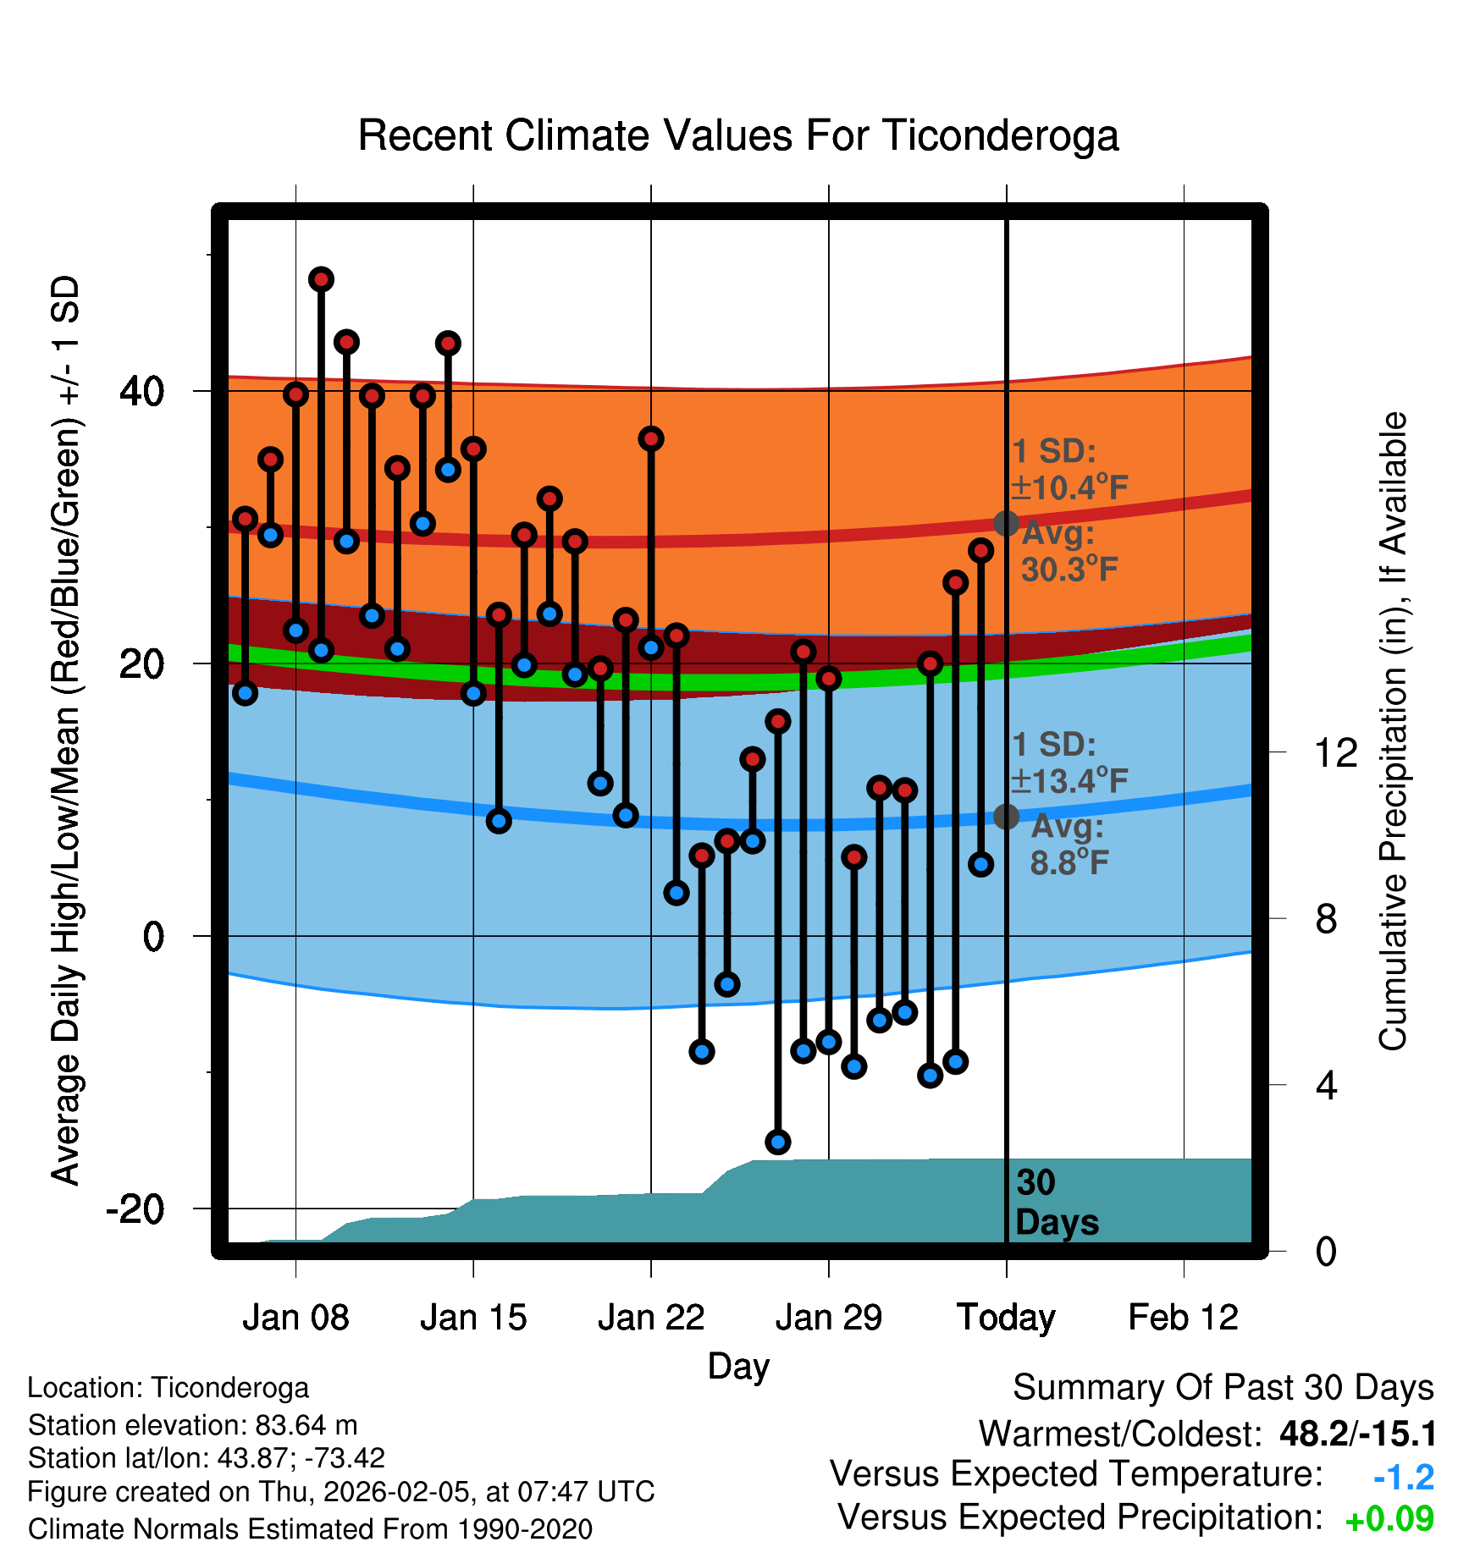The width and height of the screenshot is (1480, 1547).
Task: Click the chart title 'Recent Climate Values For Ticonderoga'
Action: click(x=738, y=135)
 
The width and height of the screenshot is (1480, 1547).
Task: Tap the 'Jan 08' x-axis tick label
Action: click(x=295, y=1318)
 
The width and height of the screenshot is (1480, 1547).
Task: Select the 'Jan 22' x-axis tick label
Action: click(x=651, y=1318)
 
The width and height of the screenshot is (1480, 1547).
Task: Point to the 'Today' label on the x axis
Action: click(x=1006, y=1318)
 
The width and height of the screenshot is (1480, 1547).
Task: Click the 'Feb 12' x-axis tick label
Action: click(x=1183, y=1318)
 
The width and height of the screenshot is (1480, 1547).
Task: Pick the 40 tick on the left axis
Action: click(x=142, y=391)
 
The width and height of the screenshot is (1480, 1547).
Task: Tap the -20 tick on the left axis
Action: click(x=135, y=1208)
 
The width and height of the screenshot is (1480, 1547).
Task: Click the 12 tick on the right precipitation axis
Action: click(x=1335, y=752)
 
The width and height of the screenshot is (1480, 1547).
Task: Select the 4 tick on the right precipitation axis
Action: click(x=1327, y=1085)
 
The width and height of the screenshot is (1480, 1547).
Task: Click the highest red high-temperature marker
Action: click(x=321, y=279)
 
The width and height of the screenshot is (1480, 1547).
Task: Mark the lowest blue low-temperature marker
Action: click(x=778, y=1142)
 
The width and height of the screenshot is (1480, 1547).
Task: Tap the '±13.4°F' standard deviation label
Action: click(x=1070, y=781)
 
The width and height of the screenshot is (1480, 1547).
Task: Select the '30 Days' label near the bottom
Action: click(x=1056, y=1203)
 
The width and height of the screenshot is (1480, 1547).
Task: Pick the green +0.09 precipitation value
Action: click(x=1389, y=1519)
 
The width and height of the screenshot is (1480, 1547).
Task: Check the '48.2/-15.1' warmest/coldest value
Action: click(x=1357, y=1434)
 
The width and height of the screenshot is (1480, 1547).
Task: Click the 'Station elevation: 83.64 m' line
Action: click(x=193, y=1425)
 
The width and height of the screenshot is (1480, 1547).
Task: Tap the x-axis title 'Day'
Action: click(x=738, y=1366)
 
